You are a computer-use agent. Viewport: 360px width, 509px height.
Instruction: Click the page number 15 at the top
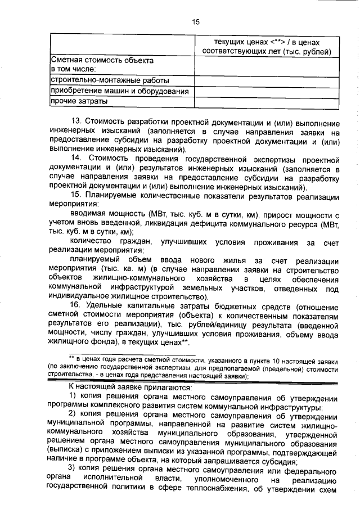196,22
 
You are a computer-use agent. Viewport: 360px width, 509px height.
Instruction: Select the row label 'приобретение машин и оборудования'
120,91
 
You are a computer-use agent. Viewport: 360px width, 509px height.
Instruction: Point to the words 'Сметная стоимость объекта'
101,60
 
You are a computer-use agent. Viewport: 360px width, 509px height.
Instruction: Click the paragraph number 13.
76,121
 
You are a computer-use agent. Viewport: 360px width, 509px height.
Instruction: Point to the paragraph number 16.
76,306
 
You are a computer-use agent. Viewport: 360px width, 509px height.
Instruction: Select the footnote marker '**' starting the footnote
72,358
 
